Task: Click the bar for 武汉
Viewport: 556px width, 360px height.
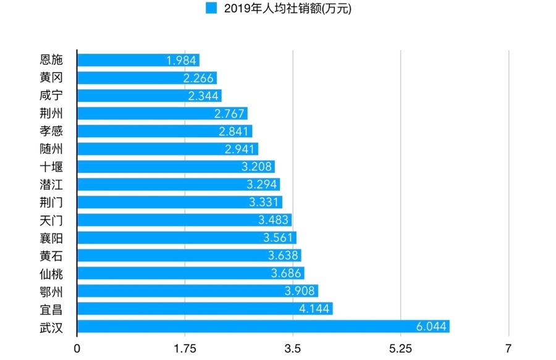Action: (263, 327)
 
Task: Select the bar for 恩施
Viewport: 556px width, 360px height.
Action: (138, 60)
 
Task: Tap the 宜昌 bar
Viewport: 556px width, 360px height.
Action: (205, 309)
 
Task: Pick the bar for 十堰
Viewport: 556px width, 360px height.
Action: (176, 167)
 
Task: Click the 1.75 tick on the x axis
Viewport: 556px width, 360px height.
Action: (185, 349)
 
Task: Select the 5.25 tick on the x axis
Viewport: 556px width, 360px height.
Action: (400, 349)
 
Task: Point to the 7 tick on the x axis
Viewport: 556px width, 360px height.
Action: (508, 349)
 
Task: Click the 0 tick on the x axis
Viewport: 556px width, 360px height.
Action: (77, 349)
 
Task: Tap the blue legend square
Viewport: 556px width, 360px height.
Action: (211, 9)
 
